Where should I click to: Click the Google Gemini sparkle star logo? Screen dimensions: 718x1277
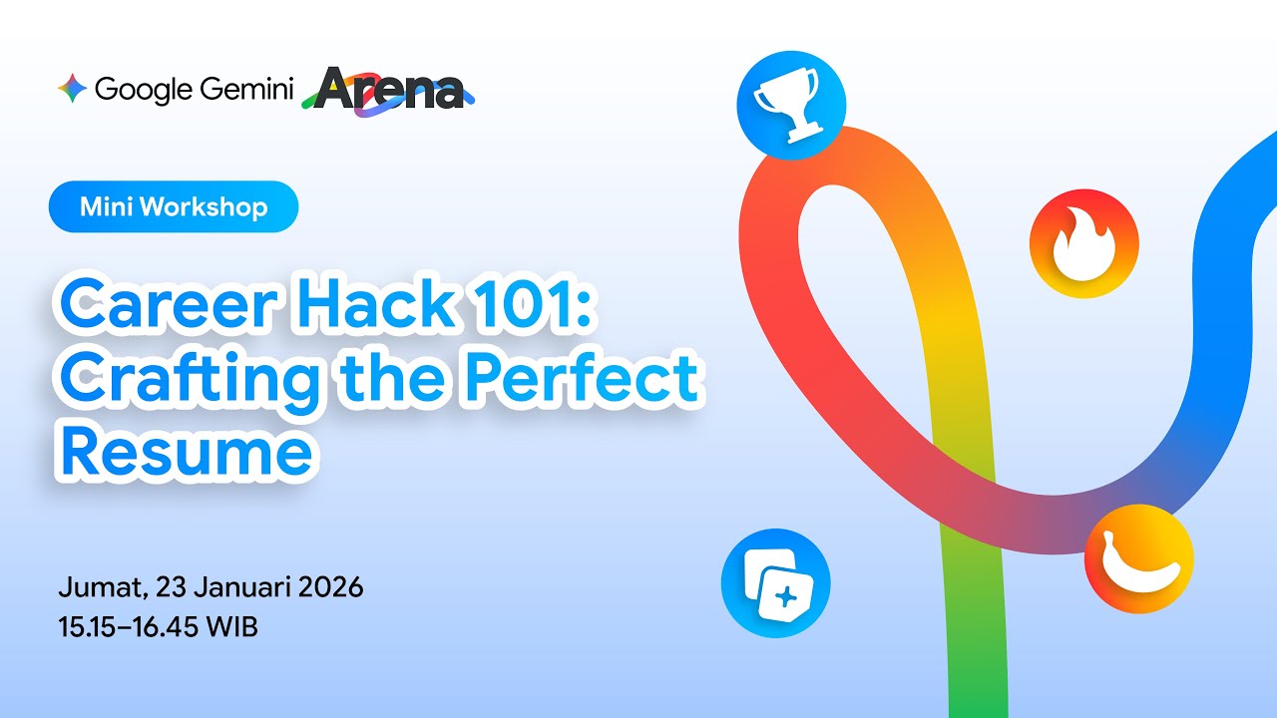72,90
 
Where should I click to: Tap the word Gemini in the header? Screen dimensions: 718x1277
245,90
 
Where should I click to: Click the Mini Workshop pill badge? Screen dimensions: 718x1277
174,207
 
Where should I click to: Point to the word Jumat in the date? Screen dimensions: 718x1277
97,587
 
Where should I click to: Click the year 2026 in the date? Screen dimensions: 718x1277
330,586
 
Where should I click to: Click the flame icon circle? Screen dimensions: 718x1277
1083,242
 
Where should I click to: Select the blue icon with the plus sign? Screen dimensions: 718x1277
775,583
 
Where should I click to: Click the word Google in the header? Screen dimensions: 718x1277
144,90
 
